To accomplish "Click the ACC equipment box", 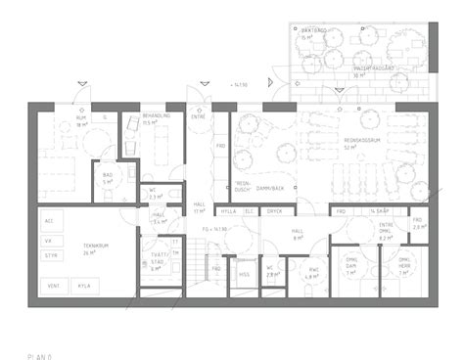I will coord(51,220).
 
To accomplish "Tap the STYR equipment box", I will coord(51,253).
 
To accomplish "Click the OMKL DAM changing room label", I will coord(350,261).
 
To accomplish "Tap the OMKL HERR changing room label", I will coord(403,261).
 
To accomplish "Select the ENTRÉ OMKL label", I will coord(385,229).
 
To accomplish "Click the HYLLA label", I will coord(229,210).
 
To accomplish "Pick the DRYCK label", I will coord(275,210).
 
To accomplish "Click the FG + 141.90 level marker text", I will coord(214,229).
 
